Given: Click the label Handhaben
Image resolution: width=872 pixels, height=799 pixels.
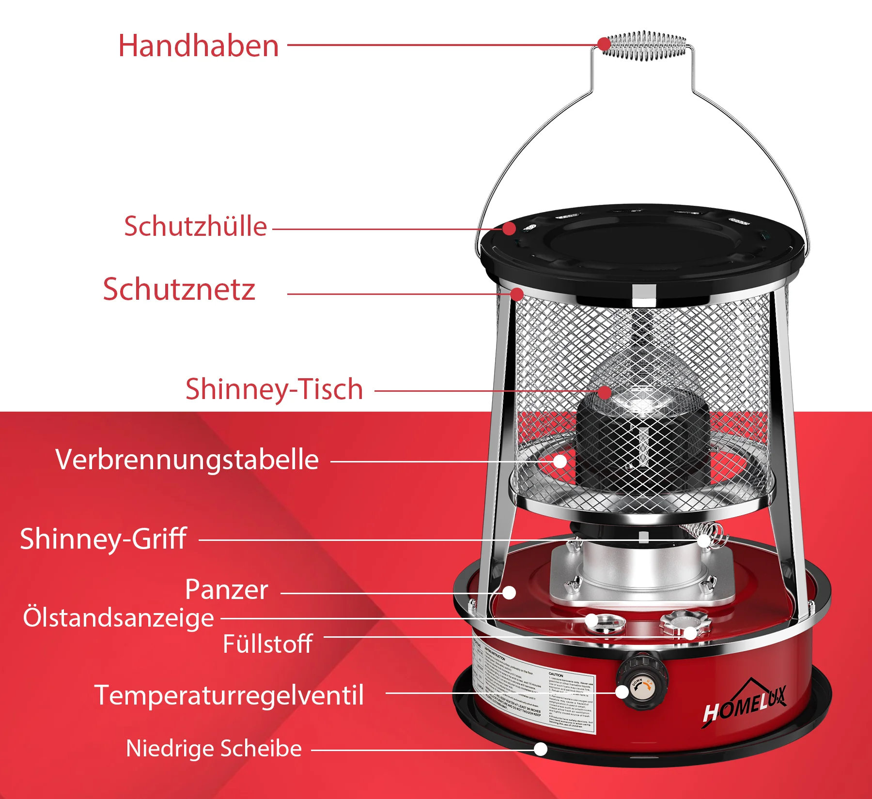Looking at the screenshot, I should click(199, 46).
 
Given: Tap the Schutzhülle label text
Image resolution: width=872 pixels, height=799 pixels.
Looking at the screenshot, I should click(195, 227).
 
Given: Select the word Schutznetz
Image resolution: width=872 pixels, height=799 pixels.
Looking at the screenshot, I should click(179, 290).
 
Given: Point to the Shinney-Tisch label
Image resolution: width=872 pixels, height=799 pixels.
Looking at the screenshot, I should click(274, 389).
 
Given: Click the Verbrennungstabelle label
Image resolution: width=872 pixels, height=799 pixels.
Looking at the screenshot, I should click(187, 460).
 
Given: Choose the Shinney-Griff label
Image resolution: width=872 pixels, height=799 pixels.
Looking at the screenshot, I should click(103, 539).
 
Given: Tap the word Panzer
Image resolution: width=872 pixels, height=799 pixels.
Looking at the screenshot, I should click(226, 590).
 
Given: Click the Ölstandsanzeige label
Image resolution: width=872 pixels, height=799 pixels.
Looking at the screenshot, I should click(118, 618).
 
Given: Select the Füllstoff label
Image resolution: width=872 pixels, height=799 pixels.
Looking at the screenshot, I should click(267, 644).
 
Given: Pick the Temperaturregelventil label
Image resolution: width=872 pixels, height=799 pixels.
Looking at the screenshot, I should click(229, 695).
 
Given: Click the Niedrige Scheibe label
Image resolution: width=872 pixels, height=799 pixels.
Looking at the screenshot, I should click(214, 749).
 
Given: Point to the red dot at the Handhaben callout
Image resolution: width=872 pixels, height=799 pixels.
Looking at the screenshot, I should click(604, 44).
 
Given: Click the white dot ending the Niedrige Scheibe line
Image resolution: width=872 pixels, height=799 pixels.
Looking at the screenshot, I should click(541, 749).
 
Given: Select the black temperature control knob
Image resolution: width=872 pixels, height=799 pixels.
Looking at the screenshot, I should click(642, 680).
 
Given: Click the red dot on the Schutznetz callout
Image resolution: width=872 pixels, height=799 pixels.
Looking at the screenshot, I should click(517, 294).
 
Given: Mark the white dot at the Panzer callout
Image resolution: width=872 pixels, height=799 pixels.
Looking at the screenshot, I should click(509, 592).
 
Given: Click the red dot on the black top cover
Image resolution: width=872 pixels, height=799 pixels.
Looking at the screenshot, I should click(509, 228).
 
